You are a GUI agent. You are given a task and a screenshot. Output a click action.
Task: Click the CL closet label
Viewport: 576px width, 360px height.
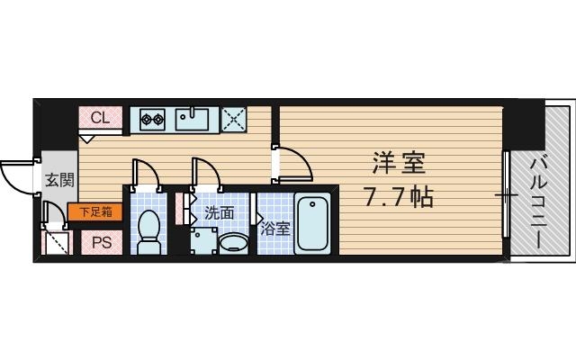coord(99,118)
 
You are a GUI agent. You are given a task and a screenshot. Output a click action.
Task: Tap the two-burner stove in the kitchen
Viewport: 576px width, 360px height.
coord(149,119)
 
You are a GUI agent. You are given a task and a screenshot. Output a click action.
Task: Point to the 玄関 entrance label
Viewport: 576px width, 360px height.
coord(53,179)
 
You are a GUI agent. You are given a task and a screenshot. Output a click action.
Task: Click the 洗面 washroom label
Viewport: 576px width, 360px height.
coord(219,213)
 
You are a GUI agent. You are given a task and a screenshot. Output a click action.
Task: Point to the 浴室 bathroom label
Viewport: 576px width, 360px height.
coord(274,229)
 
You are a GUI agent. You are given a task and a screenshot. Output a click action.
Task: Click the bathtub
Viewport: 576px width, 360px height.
coord(312,225)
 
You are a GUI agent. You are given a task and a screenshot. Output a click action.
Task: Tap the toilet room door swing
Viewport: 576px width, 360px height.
coord(145,173)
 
